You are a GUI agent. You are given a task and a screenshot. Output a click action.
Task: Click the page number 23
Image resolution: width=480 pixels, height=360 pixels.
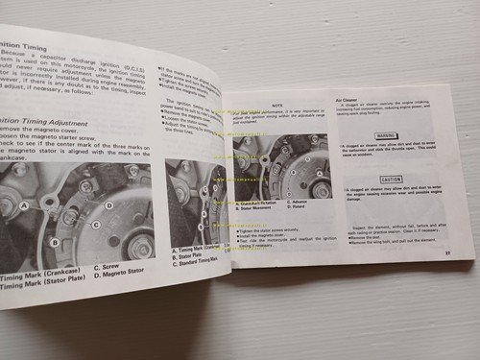(x=447, y=252)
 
